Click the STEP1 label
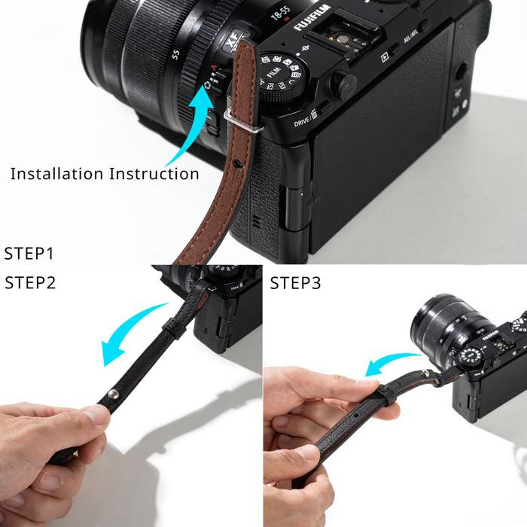click(x=29, y=253)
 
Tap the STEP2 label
click(x=30, y=283)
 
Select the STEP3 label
click(x=295, y=284)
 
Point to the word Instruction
click(x=154, y=174)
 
